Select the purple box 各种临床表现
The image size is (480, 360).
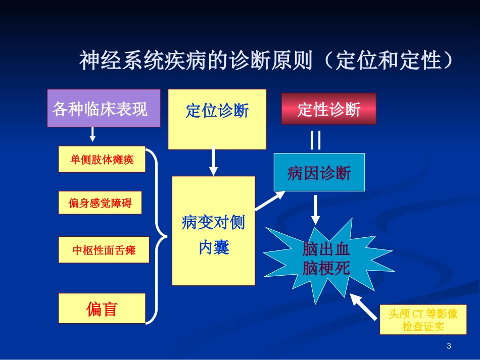click(104, 108)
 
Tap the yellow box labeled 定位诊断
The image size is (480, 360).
click(217, 119)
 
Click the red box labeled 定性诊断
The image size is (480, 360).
click(328, 109)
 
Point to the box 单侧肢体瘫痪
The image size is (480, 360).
click(102, 159)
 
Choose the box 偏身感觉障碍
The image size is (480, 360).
click(100, 203)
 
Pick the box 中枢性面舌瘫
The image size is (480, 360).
click(104, 249)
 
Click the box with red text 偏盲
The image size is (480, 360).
click(102, 308)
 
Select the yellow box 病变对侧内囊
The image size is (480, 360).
click(213, 231)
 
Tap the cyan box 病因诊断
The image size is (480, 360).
click(319, 173)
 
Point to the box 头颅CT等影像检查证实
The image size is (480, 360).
click(423, 320)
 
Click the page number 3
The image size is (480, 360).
click(449, 346)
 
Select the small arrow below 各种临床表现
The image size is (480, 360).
click(92, 134)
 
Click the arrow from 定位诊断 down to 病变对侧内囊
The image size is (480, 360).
click(214, 162)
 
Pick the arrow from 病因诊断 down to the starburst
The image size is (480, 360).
click(315, 209)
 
